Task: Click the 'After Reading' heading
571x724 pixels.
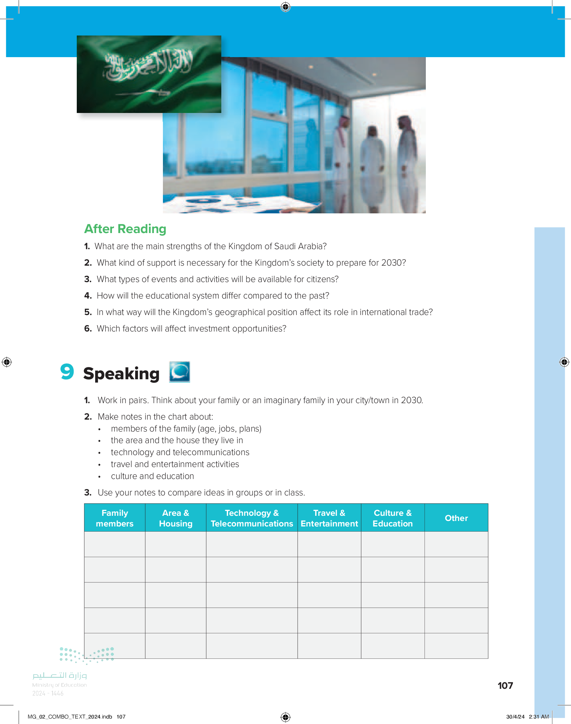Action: tap(125, 229)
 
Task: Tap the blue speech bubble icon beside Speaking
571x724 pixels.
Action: tap(179, 372)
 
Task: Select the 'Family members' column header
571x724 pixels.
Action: tap(115, 518)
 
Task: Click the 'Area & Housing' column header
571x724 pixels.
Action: tap(175, 518)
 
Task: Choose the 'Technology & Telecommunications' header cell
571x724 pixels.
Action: tap(252, 518)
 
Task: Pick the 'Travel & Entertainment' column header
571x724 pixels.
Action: tap(329, 518)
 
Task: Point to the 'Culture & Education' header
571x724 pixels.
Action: tap(393, 518)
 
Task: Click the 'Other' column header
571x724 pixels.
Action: tap(456, 518)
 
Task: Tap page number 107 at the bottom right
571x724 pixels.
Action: tap(505, 686)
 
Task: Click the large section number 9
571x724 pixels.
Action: tap(67, 372)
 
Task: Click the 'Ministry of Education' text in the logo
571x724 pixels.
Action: tap(59, 685)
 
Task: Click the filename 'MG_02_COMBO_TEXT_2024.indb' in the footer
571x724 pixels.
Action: tap(70, 717)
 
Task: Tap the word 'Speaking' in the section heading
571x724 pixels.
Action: tap(121, 373)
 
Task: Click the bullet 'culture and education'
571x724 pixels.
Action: tap(153, 476)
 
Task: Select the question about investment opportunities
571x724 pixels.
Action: tap(191, 328)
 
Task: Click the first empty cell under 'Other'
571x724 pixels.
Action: tap(456, 544)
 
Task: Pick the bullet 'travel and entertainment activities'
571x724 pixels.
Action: tap(175, 464)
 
